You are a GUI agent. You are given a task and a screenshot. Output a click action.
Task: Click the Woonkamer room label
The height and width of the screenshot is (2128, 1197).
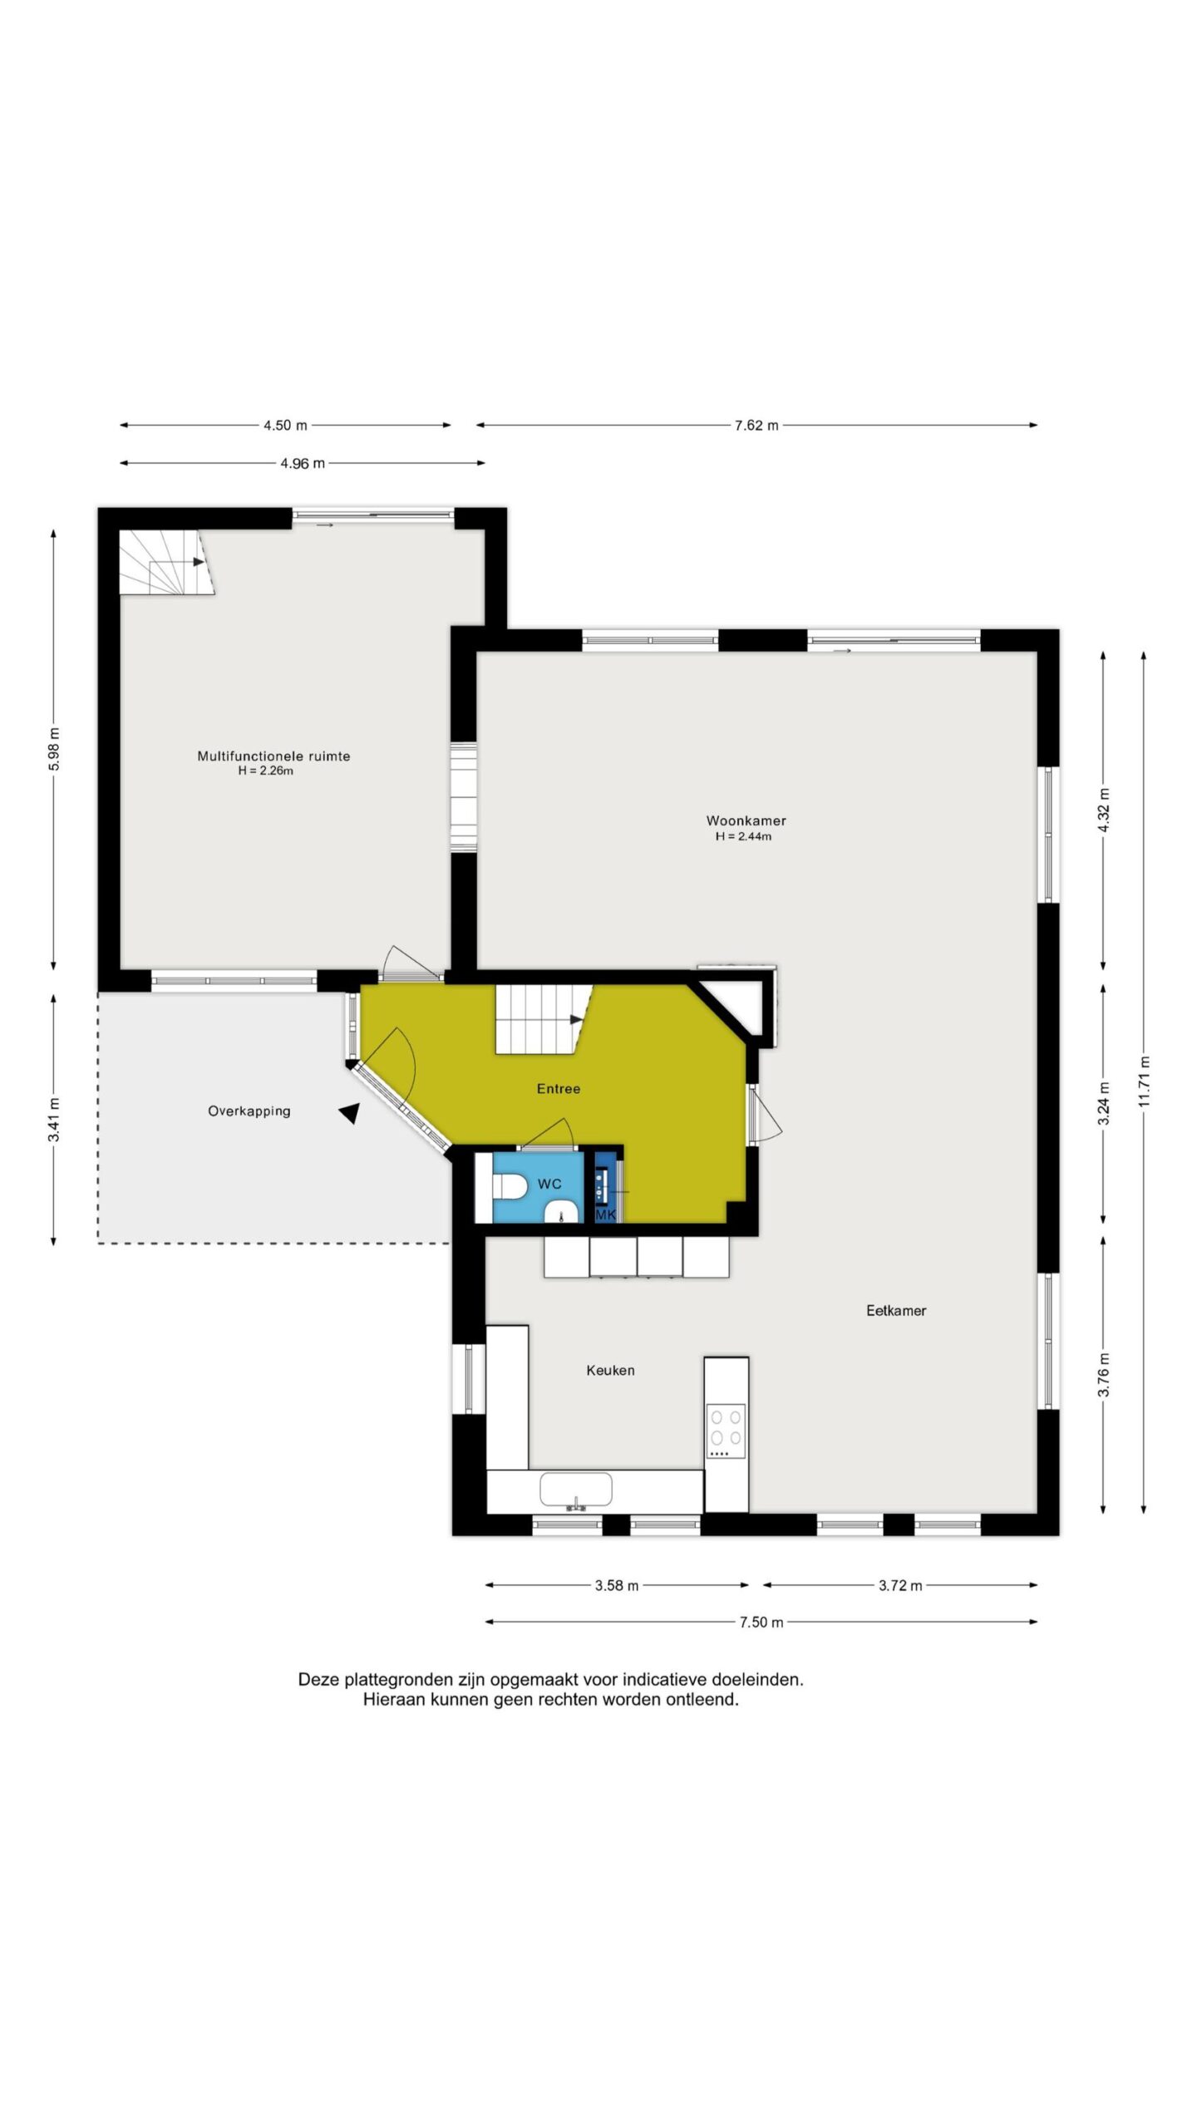(x=746, y=820)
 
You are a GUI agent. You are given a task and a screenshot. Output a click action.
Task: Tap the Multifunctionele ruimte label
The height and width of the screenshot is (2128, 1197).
(x=273, y=756)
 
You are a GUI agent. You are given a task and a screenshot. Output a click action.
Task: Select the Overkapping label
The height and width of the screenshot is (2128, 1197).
(x=249, y=1111)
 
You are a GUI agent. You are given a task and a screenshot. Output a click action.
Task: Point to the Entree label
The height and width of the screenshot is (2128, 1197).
(x=559, y=1088)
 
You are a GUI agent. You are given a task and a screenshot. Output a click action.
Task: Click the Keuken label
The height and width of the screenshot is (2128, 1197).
(x=610, y=1370)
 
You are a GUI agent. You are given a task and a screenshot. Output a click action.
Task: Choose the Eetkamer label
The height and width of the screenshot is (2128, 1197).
(x=896, y=1310)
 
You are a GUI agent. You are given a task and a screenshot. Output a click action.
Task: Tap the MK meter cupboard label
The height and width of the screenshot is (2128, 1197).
(x=606, y=1214)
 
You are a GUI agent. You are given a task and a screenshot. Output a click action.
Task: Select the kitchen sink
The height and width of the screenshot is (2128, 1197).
(x=576, y=1490)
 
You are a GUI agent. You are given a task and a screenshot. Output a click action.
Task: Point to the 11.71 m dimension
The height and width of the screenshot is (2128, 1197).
(x=1144, y=1081)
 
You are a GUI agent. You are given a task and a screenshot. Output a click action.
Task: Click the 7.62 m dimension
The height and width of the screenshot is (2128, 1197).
(x=756, y=426)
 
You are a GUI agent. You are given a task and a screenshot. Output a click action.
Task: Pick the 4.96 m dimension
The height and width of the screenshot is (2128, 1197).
(x=303, y=463)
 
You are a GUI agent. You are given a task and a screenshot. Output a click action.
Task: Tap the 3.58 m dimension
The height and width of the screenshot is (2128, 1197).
(x=617, y=1585)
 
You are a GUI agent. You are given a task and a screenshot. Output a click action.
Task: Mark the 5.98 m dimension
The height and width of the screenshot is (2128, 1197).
(x=54, y=750)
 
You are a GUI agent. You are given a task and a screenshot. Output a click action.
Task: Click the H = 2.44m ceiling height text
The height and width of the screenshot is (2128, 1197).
(x=743, y=836)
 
